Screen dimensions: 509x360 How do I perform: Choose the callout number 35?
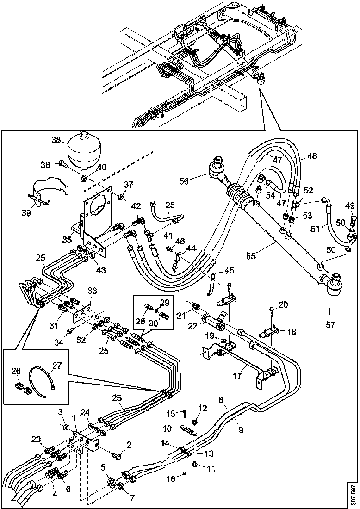coord(68,240)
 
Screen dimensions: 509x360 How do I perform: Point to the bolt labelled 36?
coord(62,162)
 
